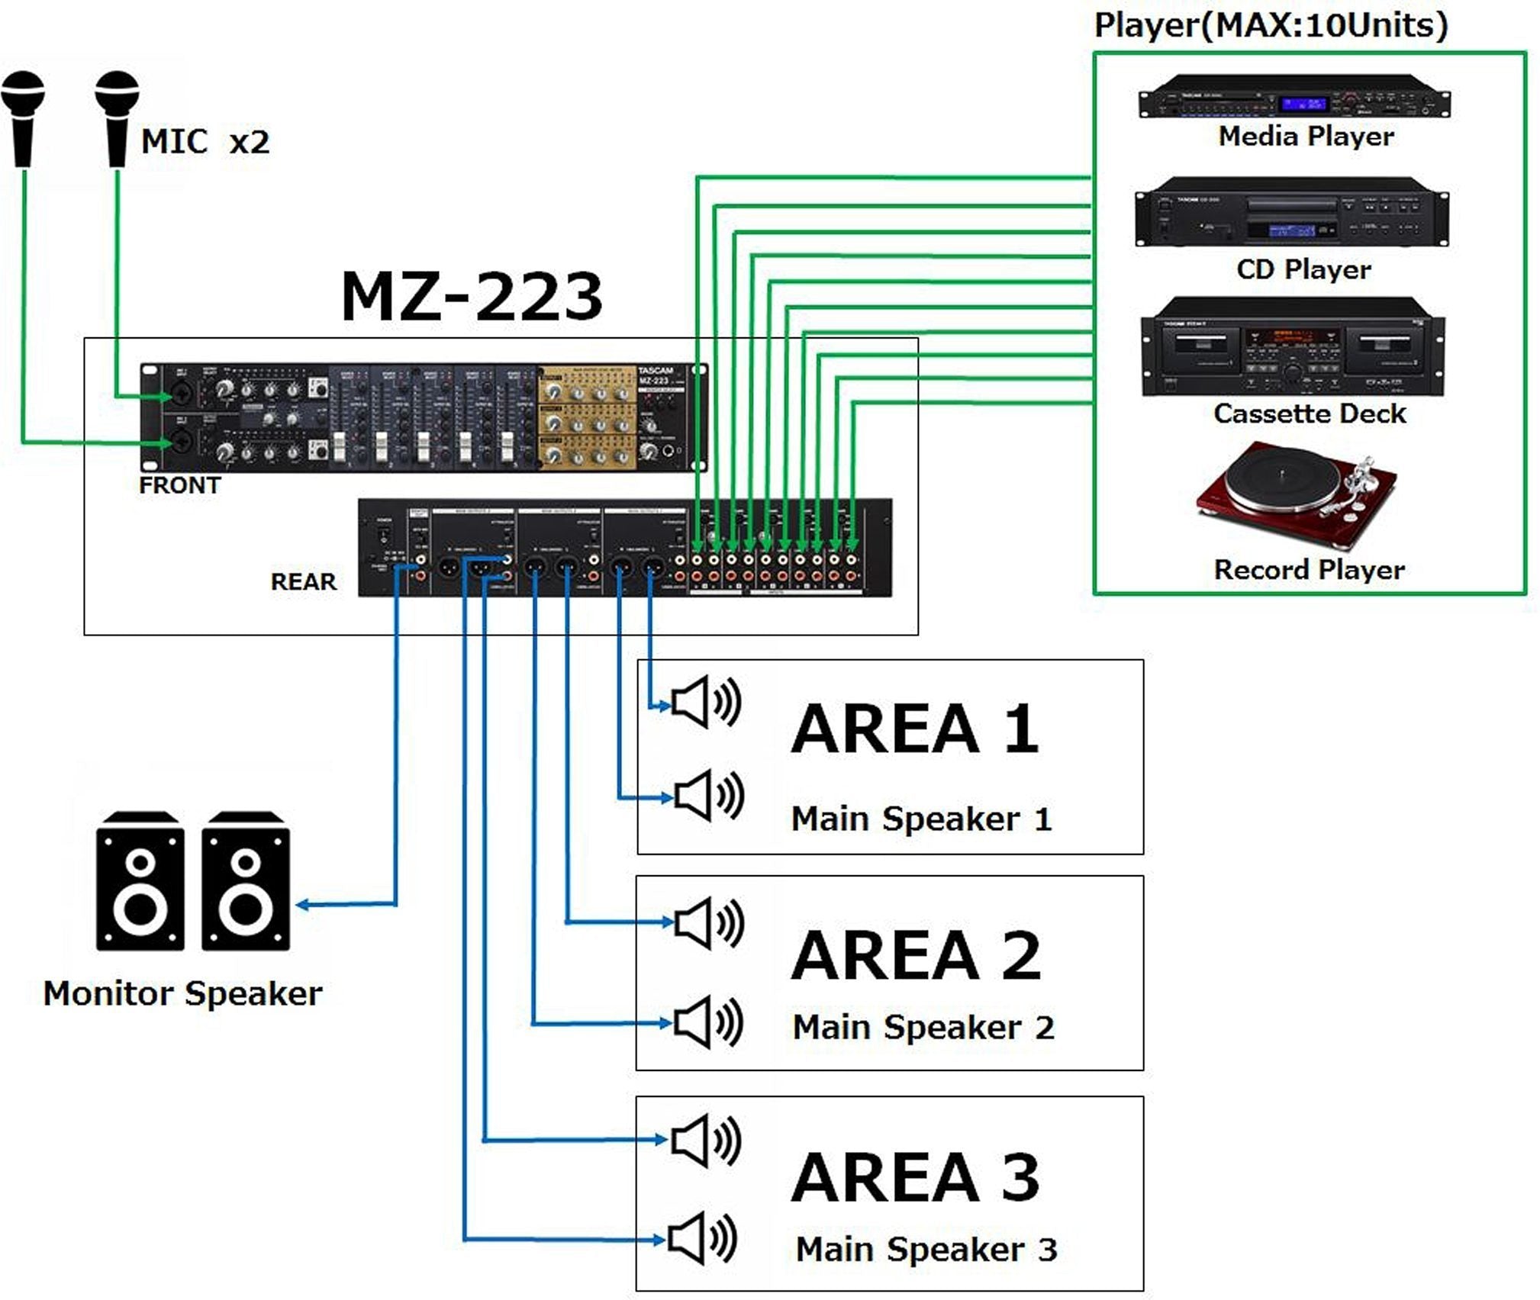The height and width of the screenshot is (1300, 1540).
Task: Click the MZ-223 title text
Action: pyautogui.click(x=471, y=297)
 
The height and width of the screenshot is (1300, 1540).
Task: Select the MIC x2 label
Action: pyautogui.click(x=205, y=142)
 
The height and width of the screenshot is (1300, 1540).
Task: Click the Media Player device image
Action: pyautogui.click(x=1294, y=97)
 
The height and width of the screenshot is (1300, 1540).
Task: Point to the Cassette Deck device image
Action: pyautogui.click(x=1293, y=347)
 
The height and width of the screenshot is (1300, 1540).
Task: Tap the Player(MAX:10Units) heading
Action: pyautogui.click(x=1271, y=25)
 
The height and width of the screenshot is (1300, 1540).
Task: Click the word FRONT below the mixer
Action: pyautogui.click(x=179, y=485)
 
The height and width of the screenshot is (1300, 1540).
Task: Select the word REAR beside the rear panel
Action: pyautogui.click(x=303, y=581)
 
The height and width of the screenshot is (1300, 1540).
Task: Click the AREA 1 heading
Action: pyautogui.click(x=914, y=729)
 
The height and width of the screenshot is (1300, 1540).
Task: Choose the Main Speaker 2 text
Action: pyautogui.click(x=923, y=1027)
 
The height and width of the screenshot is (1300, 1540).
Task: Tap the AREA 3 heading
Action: pyautogui.click(x=915, y=1177)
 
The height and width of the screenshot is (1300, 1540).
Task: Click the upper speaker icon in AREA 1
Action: pyautogui.click(x=704, y=701)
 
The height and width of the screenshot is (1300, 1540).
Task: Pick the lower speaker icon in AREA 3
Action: pyautogui.click(x=701, y=1238)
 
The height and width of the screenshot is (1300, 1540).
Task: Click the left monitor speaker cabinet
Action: pyautogui.click(x=140, y=882)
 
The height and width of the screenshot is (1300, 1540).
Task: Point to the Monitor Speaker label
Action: pyautogui.click(x=182, y=993)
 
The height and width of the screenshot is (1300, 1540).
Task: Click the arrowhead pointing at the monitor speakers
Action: pyautogui.click(x=303, y=905)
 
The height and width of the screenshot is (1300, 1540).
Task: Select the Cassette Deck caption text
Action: pyautogui.click(x=1309, y=413)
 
